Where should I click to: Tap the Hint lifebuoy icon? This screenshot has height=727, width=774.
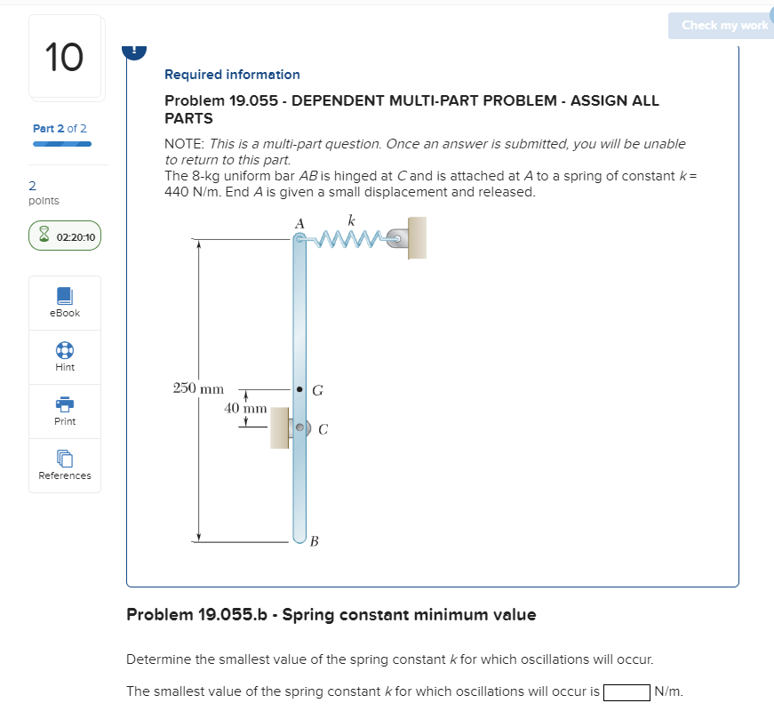65,350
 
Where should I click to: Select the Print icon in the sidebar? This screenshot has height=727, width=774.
65,404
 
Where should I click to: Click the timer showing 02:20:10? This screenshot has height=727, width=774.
65,237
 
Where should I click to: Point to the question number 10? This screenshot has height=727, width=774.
64,58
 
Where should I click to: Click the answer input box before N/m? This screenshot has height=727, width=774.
626,691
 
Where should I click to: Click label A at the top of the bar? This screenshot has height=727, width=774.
299,222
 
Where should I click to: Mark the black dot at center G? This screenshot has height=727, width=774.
300,389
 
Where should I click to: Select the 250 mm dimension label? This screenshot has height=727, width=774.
197,388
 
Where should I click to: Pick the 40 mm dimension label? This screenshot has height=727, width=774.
245,408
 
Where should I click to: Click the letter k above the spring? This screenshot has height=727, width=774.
352,219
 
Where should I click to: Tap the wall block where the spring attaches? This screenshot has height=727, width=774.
416,237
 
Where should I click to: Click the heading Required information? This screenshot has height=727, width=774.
232,75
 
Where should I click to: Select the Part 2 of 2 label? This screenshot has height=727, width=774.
60,129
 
